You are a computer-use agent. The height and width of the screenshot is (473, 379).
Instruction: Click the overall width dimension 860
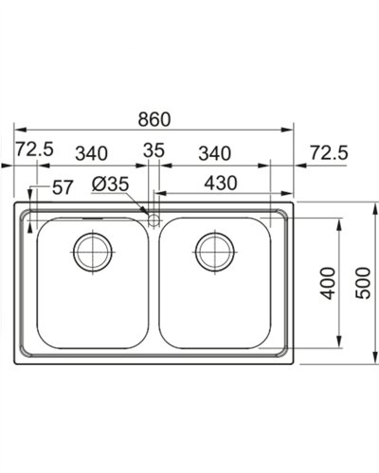point(153,119)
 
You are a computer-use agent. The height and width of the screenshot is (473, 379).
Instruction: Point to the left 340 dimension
point(91,151)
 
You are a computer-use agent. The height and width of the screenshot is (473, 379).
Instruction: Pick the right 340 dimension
point(214,151)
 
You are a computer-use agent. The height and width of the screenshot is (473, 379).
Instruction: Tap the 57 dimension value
point(63,187)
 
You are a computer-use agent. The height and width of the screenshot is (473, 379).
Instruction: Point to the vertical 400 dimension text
point(327,283)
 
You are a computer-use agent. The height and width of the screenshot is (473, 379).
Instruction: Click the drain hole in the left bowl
point(93,250)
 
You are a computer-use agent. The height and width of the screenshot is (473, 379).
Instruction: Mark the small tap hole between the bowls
point(153,219)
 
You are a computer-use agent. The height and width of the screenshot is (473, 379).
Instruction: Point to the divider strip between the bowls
point(153,284)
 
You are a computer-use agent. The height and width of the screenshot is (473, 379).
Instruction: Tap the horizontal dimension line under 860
point(153,131)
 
